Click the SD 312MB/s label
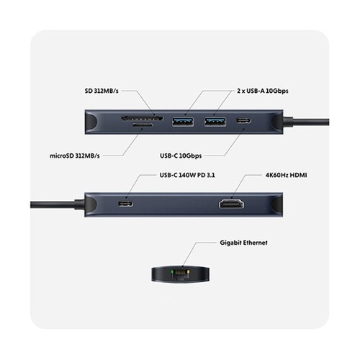tap(102, 91)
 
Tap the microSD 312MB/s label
tap(74, 156)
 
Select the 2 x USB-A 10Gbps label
tap(263, 91)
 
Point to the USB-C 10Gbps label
tap(181, 156)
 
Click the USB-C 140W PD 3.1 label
tap(187, 175)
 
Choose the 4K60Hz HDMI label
tap(286, 175)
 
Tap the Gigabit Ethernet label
tap(243, 243)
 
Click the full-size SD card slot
tap(142, 118)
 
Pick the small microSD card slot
tap(143, 125)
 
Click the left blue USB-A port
tap(183, 121)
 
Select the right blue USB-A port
tap(215, 121)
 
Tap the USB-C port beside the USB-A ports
tap(244, 120)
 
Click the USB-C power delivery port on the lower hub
tap(125, 204)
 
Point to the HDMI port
tap(231, 204)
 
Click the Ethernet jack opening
tap(180, 274)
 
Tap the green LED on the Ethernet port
tap(172, 272)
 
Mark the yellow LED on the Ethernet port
tap(189, 272)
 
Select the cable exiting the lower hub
tap(55, 204)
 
